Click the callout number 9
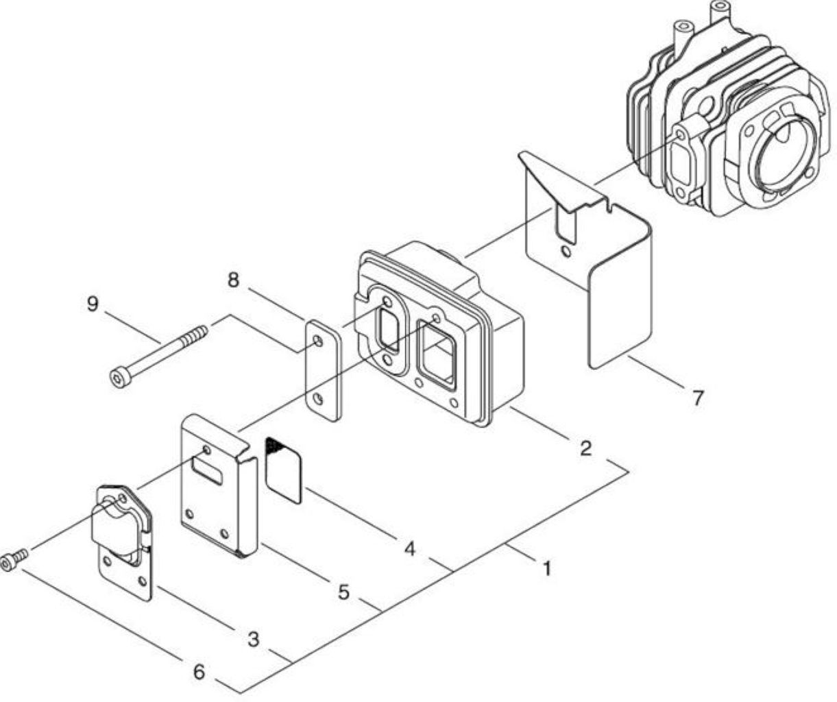coord(92,304)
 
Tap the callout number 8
coord(233,279)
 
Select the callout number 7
coord(698,398)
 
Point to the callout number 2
coord(585,448)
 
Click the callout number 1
coord(547,568)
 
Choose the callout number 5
coord(343,592)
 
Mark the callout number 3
coord(253,639)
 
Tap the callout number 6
coord(199,672)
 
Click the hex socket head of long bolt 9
coord(118,378)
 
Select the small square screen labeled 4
coord(283,470)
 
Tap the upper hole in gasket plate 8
coord(318,341)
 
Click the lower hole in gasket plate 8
coord(319,399)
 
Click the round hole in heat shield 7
coord(566,252)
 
